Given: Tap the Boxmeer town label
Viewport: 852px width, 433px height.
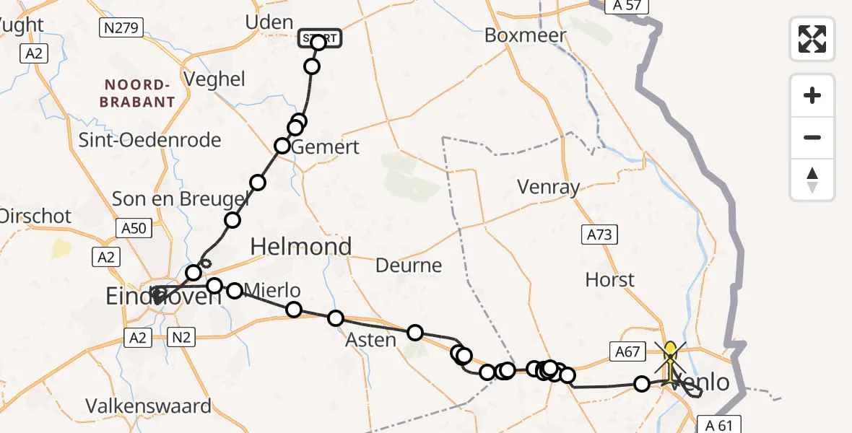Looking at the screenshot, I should [x=525, y=35].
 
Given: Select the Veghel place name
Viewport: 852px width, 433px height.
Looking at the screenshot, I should [x=215, y=79].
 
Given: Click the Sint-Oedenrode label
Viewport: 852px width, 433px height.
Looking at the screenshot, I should [x=149, y=140].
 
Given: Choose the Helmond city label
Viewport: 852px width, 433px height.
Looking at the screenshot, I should [x=301, y=247].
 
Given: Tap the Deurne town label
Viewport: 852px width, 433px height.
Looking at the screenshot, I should [x=409, y=266].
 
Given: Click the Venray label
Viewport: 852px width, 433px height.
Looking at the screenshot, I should [x=549, y=188].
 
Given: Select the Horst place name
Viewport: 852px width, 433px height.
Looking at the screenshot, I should [x=610, y=279].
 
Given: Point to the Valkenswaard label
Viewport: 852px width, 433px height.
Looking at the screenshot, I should [x=149, y=406].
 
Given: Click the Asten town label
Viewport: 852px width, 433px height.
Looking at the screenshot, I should [x=371, y=340].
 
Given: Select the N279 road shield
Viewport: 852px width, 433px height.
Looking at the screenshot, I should [x=121, y=28].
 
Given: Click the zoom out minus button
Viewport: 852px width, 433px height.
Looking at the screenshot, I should [x=812, y=137].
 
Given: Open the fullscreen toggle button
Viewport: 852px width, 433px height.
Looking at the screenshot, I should [x=812, y=38].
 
